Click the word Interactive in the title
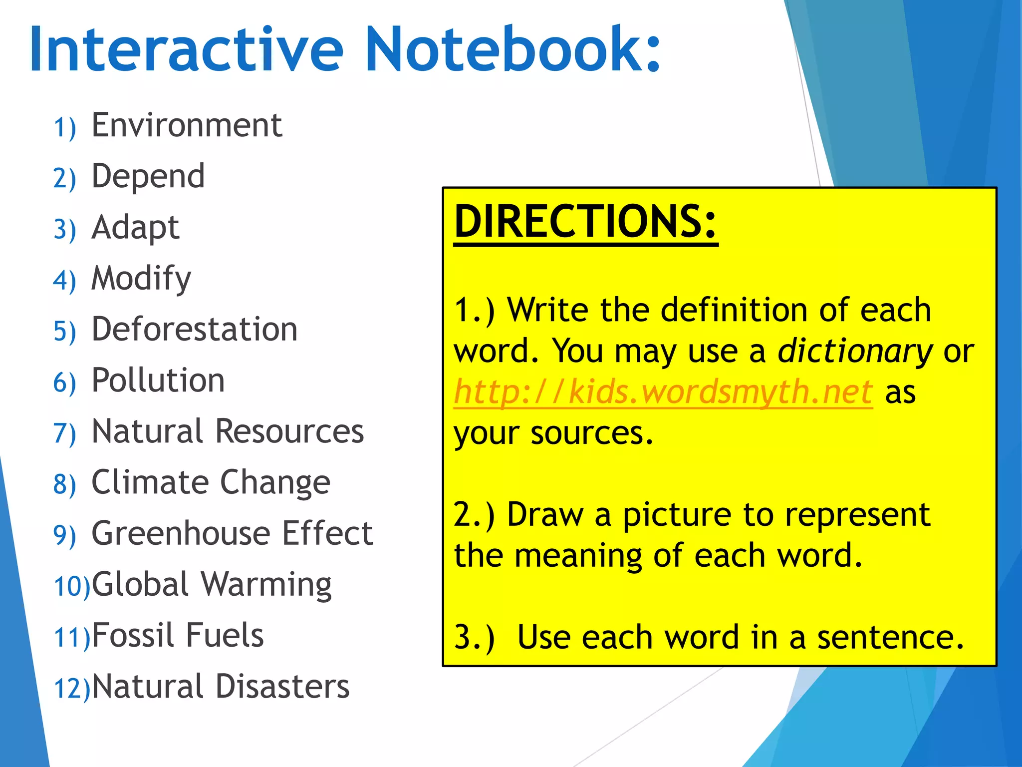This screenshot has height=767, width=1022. pos(186,50)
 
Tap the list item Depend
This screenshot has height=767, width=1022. pos(148,176)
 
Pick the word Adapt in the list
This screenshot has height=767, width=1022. pos(135,228)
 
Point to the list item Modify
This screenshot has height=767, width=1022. pos(141,279)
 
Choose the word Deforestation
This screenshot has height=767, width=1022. pos(195,330)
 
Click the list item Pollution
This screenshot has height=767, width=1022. pos(158,381)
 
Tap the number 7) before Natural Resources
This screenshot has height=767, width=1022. pos(65,433)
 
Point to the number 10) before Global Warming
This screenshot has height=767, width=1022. pos(72,586)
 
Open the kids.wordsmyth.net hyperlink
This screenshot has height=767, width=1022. pos(663,392)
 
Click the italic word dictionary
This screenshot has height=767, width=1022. pos(855,351)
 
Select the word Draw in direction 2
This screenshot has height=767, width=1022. pos(544,514)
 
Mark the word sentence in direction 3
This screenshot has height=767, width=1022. pos(890,638)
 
